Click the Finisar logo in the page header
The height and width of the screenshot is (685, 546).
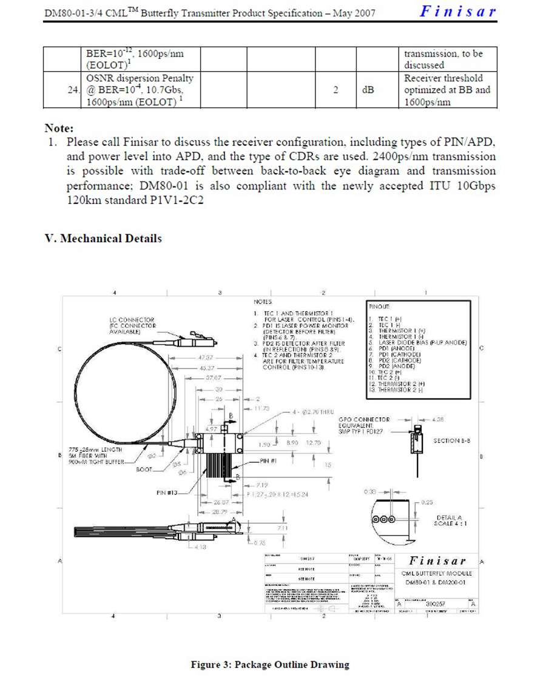click(x=458, y=11)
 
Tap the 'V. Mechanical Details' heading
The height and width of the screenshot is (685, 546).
click(x=103, y=239)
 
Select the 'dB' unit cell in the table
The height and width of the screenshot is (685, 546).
click(x=368, y=90)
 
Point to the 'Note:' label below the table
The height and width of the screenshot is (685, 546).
click(x=59, y=129)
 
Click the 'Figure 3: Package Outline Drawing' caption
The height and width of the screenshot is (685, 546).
click(x=270, y=664)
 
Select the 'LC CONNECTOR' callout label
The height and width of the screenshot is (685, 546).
click(x=132, y=320)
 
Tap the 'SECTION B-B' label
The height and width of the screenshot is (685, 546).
click(x=455, y=440)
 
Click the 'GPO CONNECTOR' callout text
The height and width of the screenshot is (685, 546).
click(x=364, y=420)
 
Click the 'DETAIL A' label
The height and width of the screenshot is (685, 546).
click(x=450, y=517)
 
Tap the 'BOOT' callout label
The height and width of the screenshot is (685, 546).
click(x=144, y=469)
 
